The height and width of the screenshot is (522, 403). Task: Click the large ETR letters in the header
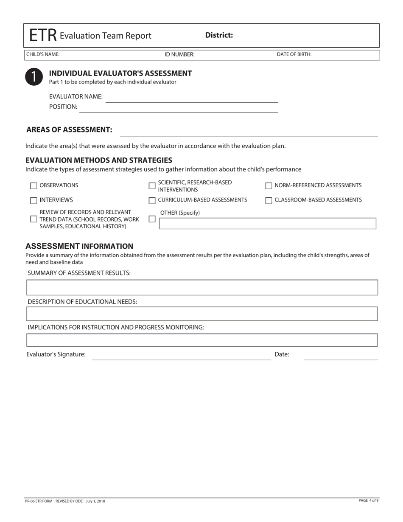click(43, 36)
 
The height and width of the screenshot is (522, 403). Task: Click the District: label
click(219, 35)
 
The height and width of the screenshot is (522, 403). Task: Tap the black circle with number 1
click(34, 76)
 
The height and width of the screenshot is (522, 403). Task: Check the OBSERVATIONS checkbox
click(34, 186)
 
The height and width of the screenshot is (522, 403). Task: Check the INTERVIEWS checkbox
click(34, 200)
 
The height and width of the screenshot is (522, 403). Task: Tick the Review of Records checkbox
click(34, 219)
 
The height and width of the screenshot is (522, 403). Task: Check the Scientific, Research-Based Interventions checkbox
click(152, 186)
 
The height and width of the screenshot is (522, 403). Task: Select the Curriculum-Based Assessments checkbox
click(152, 200)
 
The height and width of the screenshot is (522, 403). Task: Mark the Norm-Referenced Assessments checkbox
click(269, 186)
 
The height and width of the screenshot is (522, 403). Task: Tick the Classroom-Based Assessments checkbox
click(269, 200)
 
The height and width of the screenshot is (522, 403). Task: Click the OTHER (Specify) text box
click(267, 223)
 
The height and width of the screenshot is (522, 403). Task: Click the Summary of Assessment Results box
click(202, 287)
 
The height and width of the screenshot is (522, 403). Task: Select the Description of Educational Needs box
click(202, 314)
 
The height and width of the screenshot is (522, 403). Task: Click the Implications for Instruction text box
click(202, 340)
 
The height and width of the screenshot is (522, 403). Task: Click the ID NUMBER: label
click(179, 54)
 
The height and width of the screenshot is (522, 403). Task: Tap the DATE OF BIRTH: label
click(294, 54)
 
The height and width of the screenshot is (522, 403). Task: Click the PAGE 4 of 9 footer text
click(368, 501)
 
